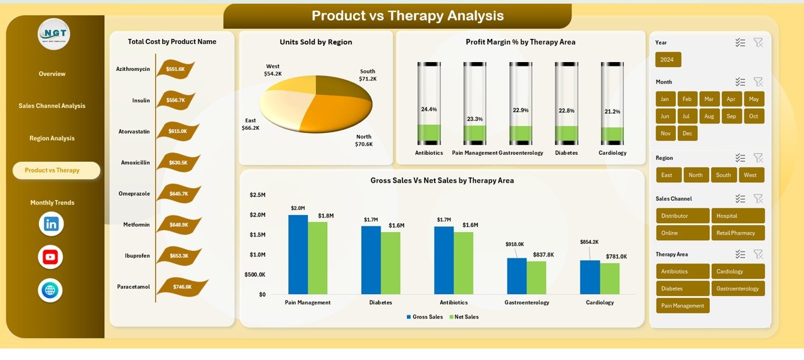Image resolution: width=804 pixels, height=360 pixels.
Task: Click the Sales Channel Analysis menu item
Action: [52, 106]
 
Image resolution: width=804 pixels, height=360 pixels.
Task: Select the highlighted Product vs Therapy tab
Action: [56, 171]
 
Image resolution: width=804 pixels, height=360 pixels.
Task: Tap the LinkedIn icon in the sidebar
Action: [51, 224]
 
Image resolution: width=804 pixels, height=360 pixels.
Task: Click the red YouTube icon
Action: [50, 257]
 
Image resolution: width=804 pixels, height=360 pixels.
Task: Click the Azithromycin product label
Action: [133, 69]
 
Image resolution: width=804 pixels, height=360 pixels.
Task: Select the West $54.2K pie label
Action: [273, 70]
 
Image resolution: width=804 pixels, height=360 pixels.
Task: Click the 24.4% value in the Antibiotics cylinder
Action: [429, 109]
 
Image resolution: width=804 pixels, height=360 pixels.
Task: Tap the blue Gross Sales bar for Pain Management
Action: [298, 254]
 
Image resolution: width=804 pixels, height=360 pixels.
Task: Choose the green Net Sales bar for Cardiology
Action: [609, 278]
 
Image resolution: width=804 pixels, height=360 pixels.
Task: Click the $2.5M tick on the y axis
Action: [258, 195]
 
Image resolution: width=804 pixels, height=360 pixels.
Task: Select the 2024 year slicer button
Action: [668, 60]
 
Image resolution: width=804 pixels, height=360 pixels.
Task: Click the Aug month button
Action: [709, 116]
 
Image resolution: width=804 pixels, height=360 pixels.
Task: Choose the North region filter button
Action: [695, 175]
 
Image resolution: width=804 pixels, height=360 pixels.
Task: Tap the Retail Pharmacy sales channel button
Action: [737, 233]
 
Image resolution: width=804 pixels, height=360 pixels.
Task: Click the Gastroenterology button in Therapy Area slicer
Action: [737, 289]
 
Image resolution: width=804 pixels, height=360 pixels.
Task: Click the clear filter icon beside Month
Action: [758, 82]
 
